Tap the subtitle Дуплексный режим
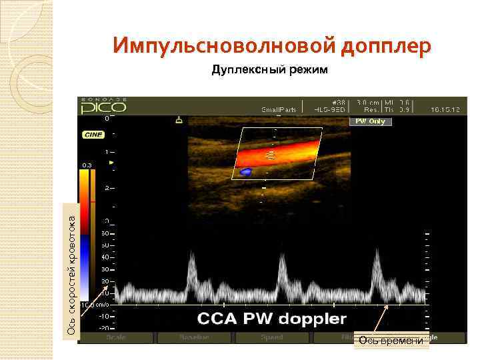(x=270, y=69)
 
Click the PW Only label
(x=370, y=122)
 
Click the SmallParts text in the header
(x=278, y=109)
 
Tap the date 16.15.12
(x=445, y=108)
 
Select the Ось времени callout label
(x=391, y=341)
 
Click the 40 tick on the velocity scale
(x=104, y=257)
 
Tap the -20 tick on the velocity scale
(x=103, y=327)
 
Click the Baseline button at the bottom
(x=193, y=338)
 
